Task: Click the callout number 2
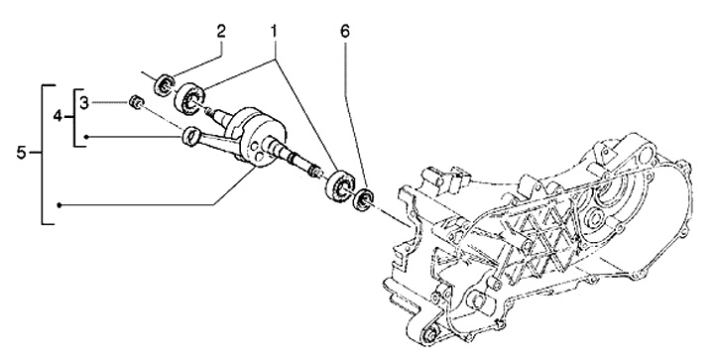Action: (221, 33)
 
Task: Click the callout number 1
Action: (274, 33)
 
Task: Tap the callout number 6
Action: (345, 33)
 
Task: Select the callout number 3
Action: (84, 103)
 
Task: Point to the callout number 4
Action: (58, 117)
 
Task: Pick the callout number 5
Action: (22, 153)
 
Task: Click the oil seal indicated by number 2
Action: (165, 83)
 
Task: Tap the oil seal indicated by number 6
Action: (363, 198)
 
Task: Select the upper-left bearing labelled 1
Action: (189, 99)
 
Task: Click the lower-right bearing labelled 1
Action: (341, 184)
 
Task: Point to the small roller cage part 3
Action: (135, 102)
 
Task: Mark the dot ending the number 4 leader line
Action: (86, 137)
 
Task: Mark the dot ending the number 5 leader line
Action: (59, 205)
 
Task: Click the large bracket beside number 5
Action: (43, 154)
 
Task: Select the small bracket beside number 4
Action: (74, 117)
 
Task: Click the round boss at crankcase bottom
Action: (429, 335)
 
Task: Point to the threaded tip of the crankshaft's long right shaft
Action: (315, 172)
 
